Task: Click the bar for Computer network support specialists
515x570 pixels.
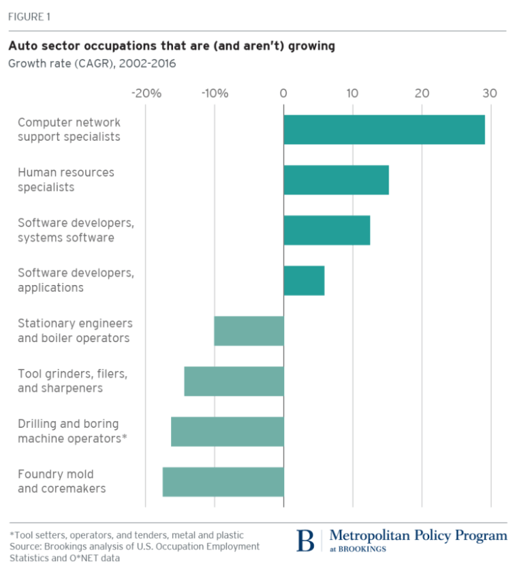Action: pyautogui.click(x=384, y=129)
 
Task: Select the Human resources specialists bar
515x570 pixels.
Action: pyautogui.click(x=336, y=180)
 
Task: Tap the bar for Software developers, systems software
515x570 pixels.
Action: pyautogui.click(x=327, y=230)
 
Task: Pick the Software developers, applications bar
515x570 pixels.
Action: pyautogui.click(x=304, y=280)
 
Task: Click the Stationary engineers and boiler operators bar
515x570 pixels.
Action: pyautogui.click(x=249, y=330)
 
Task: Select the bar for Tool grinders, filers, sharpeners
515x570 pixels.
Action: pyautogui.click(x=233, y=381)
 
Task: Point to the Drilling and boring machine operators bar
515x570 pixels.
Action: pyautogui.click(x=227, y=431)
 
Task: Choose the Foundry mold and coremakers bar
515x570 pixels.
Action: pyautogui.click(x=223, y=481)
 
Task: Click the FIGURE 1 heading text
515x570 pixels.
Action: pyautogui.click(x=30, y=16)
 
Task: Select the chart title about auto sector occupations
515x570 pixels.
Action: pyautogui.click(x=171, y=47)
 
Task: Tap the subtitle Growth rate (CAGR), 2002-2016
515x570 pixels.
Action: pyautogui.click(x=92, y=64)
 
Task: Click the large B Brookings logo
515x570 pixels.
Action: pyautogui.click(x=306, y=540)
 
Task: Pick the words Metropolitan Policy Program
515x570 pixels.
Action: pyautogui.click(x=419, y=535)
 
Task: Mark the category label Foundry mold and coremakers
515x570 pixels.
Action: pyautogui.click(x=62, y=481)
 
